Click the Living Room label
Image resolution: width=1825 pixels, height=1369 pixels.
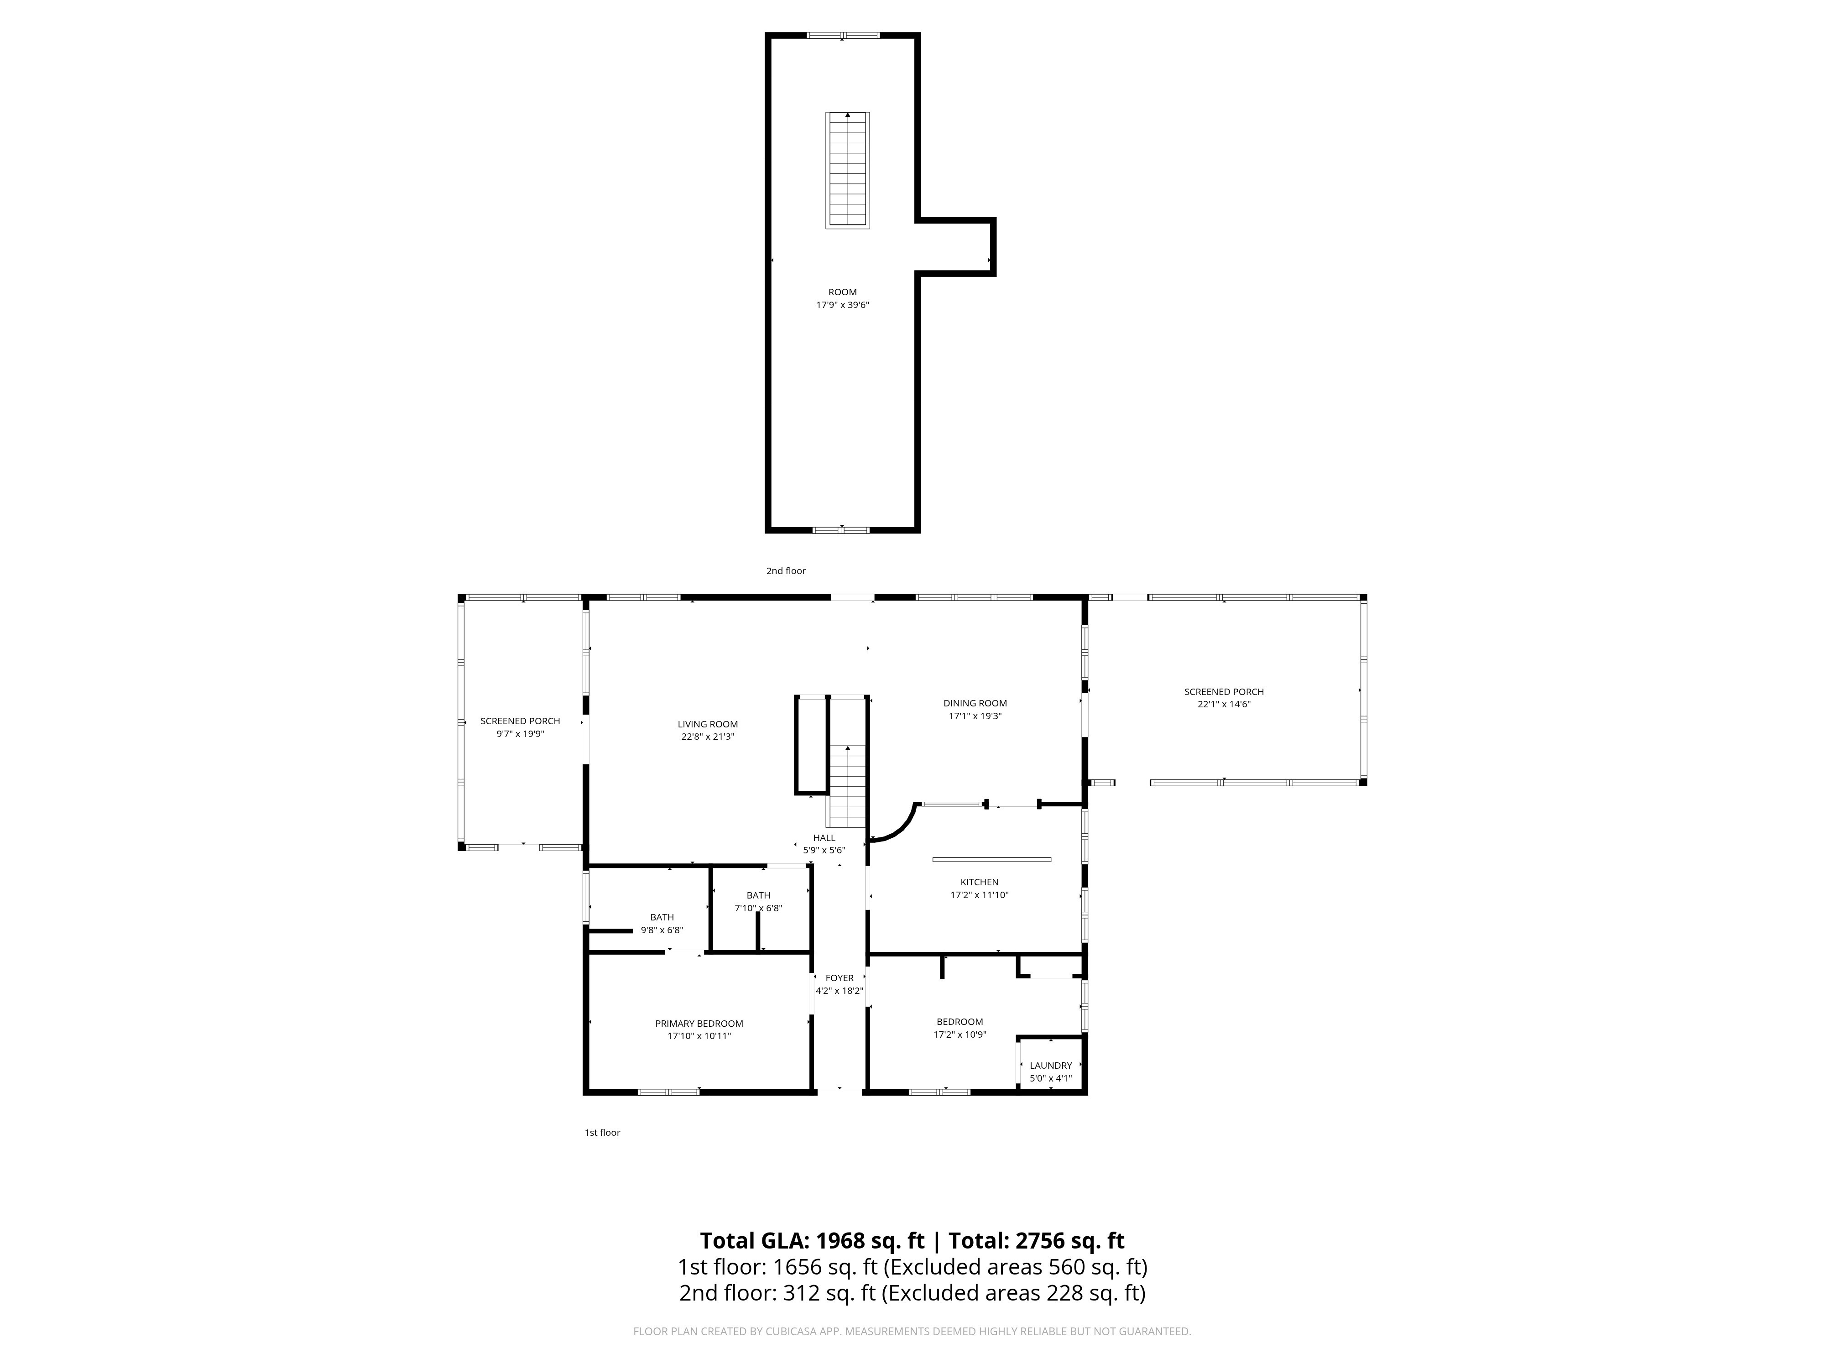pos(708,725)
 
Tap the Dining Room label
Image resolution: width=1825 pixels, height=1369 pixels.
pos(975,703)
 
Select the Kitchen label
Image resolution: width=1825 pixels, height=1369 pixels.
pos(979,882)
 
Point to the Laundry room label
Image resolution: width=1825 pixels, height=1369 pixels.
pos(1050,1066)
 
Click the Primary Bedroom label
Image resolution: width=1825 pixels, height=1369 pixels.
pos(699,1023)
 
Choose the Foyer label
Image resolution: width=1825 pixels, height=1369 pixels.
pos(840,978)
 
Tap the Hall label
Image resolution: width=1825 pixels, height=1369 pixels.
pos(824,837)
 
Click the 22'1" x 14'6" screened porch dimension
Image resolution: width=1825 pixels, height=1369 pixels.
pos(1225,704)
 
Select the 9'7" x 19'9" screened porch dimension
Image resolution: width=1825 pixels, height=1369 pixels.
pos(521,734)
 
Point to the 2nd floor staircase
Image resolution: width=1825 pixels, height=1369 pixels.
pos(848,170)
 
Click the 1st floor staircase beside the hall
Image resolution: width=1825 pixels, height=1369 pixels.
pos(847,786)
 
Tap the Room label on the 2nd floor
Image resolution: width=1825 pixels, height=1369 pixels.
pos(842,292)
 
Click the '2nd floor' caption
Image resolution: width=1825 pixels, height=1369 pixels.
pos(786,571)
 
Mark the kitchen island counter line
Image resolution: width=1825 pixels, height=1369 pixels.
pos(992,859)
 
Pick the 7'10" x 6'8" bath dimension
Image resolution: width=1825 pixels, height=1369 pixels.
pos(758,908)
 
